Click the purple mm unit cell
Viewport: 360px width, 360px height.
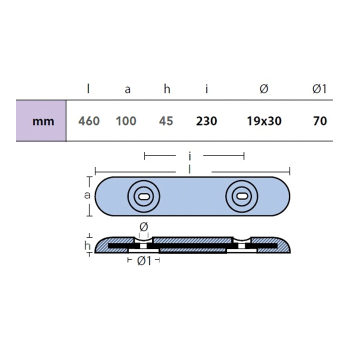pos(41,121)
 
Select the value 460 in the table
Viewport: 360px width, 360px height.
pos(89,121)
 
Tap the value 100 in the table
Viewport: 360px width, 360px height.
pos(126,121)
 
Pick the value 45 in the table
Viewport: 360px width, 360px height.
pos(165,121)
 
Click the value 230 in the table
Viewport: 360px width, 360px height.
pos(206,121)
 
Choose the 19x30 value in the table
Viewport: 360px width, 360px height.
pos(264,121)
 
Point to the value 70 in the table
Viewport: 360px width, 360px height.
pos(319,121)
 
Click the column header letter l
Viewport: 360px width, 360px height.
pos(88,89)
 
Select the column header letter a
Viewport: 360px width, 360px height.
pos(127,90)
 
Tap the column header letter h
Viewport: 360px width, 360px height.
pos(167,89)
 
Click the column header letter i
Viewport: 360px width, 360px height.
pos(206,89)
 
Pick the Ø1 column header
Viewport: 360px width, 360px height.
pos(319,89)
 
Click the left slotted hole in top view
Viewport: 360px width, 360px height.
pos(143,196)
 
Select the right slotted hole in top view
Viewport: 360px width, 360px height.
pos(241,196)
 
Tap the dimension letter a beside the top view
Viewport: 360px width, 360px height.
pos(87,195)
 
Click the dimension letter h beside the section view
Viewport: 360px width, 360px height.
pos(87,245)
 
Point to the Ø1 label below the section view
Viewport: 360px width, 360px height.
pos(143,260)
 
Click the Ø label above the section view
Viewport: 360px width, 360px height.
pos(143,227)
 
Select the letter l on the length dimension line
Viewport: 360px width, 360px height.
pos(189,170)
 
